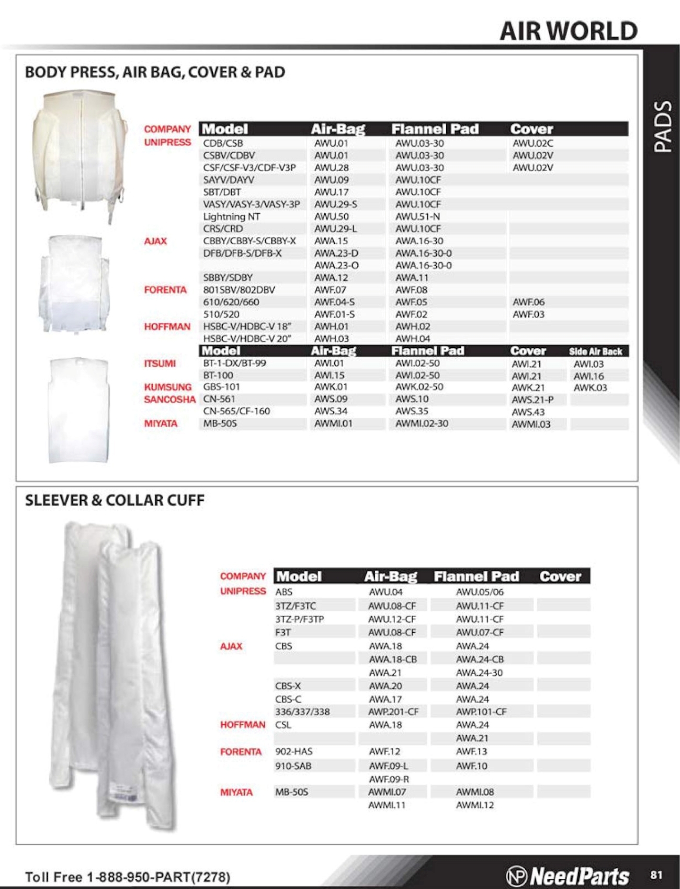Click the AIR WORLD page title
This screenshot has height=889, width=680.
pyautogui.click(x=569, y=31)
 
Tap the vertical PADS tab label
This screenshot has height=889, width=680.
pyautogui.click(x=662, y=127)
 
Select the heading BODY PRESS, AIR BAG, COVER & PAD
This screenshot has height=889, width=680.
pyautogui.click(x=155, y=72)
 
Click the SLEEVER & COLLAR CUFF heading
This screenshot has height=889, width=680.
pyautogui.click(x=115, y=500)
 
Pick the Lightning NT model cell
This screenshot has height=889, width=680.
pyautogui.click(x=231, y=216)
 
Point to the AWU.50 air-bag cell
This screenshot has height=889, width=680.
pyautogui.click(x=331, y=216)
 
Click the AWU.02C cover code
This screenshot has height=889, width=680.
pyautogui.click(x=532, y=143)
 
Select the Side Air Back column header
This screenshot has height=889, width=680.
pyautogui.click(x=595, y=351)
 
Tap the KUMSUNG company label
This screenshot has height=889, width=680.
pyautogui.click(x=167, y=387)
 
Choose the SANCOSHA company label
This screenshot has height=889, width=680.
pyautogui.click(x=169, y=400)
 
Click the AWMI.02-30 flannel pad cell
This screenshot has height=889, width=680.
pyautogui.click(x=422, y=424)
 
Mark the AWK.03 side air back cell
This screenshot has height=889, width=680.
pyautogui.click(x=590, y=388)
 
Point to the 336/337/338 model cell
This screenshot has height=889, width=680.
pyautogui.click(x=302, y=712)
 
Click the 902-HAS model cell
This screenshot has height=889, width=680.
pyautogui.click(x=293, y=751)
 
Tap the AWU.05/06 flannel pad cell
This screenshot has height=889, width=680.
pyautogui.click(x=480, y=592)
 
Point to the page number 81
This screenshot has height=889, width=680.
pyautogui.click(x=656, y=875)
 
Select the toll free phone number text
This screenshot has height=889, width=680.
pyautogui.click(x=128, y=877)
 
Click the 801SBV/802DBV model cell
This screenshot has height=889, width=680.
pyautogui.click(x=239, y=290)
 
